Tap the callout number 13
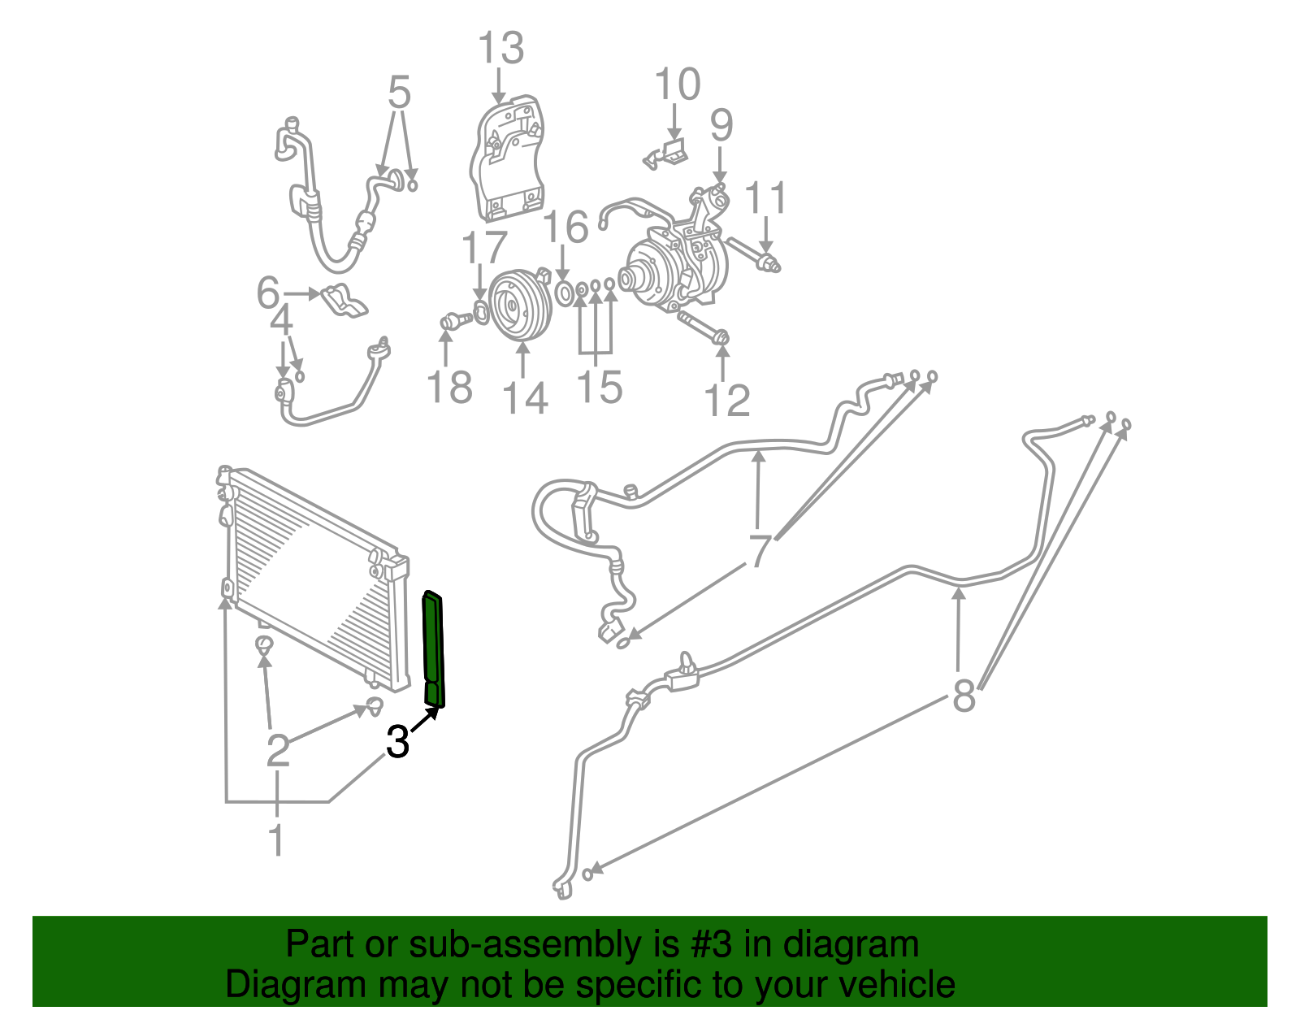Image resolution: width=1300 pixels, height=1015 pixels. point(500,49)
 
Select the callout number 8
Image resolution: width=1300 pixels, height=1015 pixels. point(964,696)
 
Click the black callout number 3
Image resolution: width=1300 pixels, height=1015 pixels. point(397,742)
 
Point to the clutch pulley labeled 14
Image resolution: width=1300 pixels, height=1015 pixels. point(521,305)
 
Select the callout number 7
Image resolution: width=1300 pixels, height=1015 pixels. point(759,552)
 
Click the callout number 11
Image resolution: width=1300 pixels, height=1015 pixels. point(766,198)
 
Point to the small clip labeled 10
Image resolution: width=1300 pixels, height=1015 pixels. point(669,154)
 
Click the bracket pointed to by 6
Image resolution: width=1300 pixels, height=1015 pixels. point(344,300)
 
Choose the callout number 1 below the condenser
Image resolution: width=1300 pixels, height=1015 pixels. point(276,839)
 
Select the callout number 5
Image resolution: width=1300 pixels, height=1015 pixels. point(399,93)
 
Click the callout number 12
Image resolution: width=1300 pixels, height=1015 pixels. point(726,401)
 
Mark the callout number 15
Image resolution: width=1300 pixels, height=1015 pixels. point(600,387)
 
